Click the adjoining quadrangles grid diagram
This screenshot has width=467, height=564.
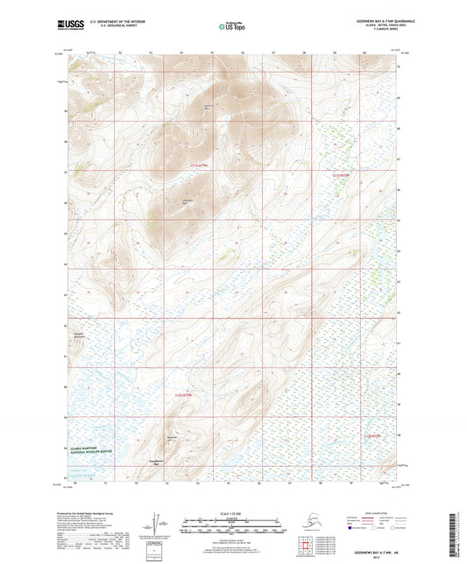pyautogui.click(x=302, y=549)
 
